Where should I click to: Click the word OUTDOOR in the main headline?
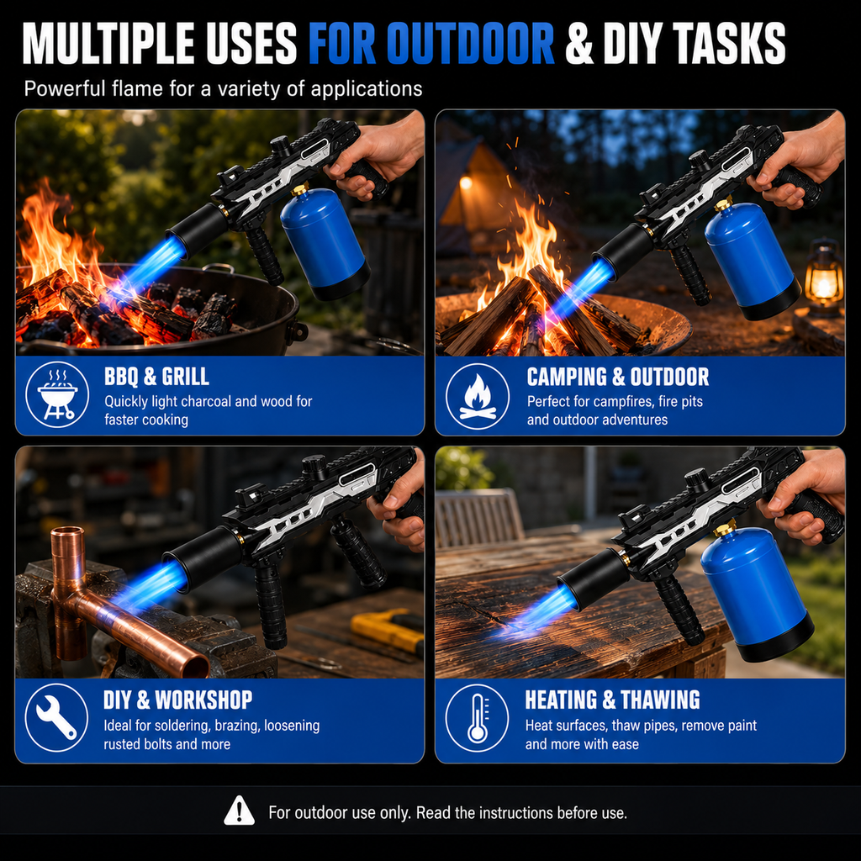471,44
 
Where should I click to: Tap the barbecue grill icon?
57,394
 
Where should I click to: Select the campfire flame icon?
478,395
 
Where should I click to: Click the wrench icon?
56,718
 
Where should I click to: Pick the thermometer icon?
477,717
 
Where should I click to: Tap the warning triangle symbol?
239,811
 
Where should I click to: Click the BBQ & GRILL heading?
156,377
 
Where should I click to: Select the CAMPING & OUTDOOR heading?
618,377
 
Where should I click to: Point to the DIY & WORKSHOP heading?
177,700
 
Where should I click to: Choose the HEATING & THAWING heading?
612,700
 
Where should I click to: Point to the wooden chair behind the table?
478,519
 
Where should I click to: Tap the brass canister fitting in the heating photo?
726,528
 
